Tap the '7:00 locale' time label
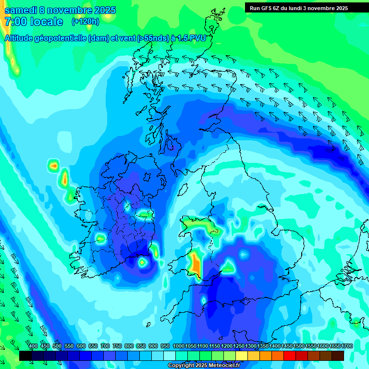click(x=34, y=22)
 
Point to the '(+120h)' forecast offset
click(x=86, y=21)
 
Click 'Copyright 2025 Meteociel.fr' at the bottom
click(x=204, y=365)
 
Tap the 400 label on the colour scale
click(x=33, y=346)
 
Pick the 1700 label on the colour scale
click(x=335, y=346)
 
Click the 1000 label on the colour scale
click(x=179, y=346)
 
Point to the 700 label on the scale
click(x=105, y=346)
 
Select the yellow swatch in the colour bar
click(x=242, y=356)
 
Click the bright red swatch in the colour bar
click(x=290, y=356)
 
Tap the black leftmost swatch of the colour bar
click(x=25, y=356)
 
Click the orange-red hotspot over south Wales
click(x=195, y=263)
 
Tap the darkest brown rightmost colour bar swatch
click(x=338, y=356)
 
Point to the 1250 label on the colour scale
click(x=239, y=346)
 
